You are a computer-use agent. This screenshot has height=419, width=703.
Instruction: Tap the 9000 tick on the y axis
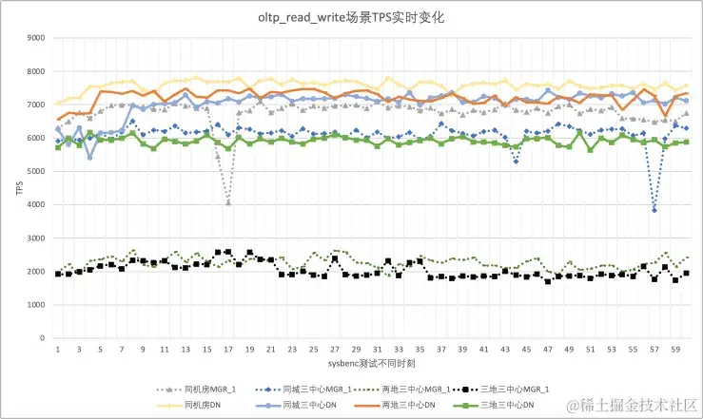(34, 39)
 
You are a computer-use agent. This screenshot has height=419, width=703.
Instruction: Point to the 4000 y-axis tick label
(34, 205)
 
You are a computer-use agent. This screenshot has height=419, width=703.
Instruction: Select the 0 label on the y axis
(42, 338)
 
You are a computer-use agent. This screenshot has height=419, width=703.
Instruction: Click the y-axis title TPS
(17, 188)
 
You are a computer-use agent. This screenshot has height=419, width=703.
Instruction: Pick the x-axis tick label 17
(228, 350)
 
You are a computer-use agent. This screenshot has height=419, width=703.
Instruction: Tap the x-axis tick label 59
(675, 350)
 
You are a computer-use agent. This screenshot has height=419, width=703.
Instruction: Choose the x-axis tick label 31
(378, 350)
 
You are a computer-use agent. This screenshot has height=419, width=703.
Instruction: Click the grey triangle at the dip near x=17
(228, 202)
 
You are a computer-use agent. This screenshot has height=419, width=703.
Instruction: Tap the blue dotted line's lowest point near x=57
(654, 210)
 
